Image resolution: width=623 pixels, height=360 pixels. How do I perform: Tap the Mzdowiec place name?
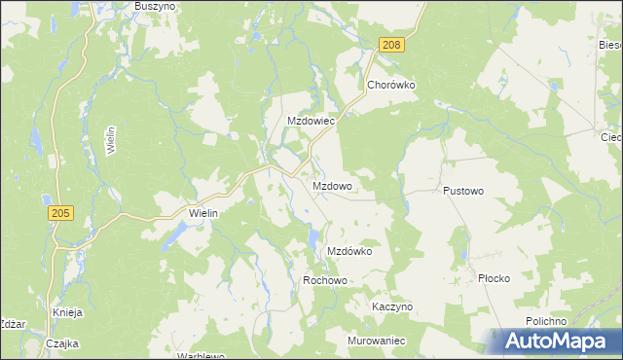311,122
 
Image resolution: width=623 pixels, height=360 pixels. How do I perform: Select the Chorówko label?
391,85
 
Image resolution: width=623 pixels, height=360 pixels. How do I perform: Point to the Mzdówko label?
349,251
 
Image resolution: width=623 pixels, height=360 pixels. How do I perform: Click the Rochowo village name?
325,280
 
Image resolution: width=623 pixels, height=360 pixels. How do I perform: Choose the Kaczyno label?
392,306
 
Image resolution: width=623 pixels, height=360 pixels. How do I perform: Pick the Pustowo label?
463,192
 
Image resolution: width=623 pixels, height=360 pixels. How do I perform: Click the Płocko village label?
494,278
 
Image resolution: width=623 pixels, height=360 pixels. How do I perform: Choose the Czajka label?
62,343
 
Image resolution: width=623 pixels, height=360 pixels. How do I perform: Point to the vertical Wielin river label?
112,141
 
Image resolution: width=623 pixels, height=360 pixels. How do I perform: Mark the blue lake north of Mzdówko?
312,236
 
